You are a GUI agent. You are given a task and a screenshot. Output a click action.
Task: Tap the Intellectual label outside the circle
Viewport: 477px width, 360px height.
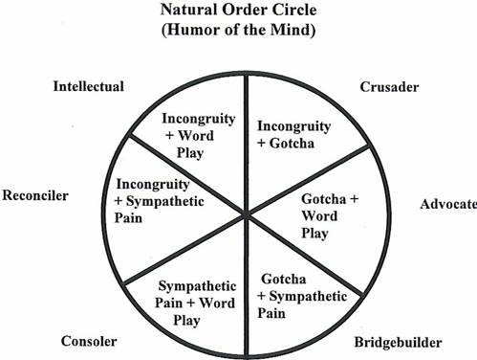89,87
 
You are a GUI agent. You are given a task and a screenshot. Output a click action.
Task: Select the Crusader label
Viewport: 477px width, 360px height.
390,87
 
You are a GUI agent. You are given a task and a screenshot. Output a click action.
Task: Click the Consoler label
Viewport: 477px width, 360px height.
89,342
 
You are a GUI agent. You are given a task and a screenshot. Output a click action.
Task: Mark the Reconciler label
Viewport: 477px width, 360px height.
35,195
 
